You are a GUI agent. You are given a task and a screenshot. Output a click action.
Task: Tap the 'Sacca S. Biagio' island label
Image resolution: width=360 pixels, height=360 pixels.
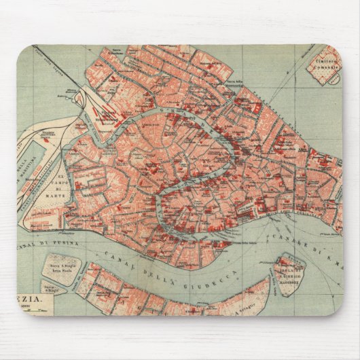point(59,267)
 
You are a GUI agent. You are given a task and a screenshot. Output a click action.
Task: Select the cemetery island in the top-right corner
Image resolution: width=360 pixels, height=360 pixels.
point(325,65)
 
